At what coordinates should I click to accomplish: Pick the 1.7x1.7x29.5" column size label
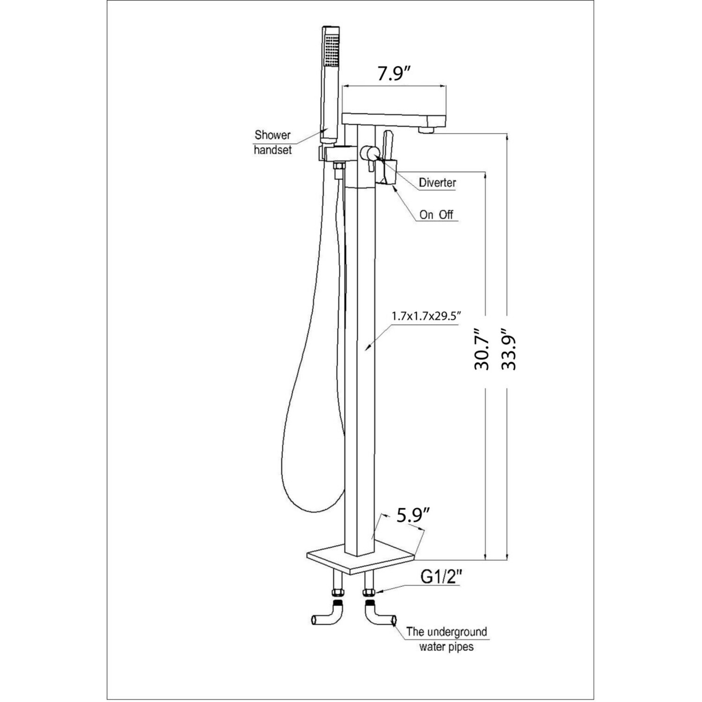click(426, 317)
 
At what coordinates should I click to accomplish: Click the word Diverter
click(437, 183)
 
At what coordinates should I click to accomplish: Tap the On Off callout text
click(436, 215)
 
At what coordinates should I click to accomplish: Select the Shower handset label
click(273, 142)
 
